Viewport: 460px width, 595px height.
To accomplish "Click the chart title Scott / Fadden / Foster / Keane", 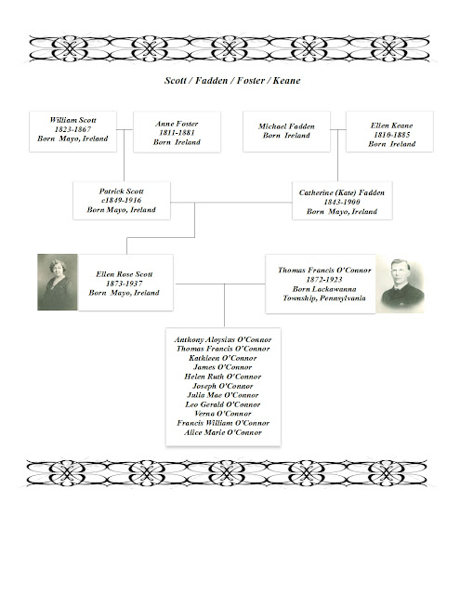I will (230, 81).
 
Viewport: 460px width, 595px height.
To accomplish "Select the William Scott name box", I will (72, 131).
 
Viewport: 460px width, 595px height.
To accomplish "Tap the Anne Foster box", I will (177, 131).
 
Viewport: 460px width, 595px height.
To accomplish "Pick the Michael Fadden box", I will (286, 130).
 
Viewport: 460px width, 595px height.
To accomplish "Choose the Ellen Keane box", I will (391, 131).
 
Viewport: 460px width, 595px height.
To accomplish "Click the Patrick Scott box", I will (122, 201).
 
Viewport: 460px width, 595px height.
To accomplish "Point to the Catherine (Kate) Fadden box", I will (341, 201).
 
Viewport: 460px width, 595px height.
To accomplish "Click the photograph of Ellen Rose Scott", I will (58, 283).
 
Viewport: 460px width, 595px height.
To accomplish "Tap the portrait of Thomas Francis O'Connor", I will (401, 284).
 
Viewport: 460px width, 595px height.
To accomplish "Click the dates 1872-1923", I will (324, 279).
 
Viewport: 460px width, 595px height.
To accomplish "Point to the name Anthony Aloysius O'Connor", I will (223, 339).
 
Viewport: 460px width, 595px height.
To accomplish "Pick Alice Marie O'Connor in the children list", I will (223, 432).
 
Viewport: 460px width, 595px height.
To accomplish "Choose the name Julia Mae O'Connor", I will (223, 395).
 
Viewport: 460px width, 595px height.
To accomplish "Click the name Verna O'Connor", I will (223, 414).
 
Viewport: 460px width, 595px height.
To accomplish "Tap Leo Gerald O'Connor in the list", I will (223, 404).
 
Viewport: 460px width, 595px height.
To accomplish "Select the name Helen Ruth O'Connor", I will (223, 377).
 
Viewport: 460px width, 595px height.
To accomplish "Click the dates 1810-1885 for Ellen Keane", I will (391, 136).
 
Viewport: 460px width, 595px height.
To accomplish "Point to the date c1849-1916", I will (122, 201).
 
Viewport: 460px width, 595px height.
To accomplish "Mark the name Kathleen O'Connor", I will (223, 358).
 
